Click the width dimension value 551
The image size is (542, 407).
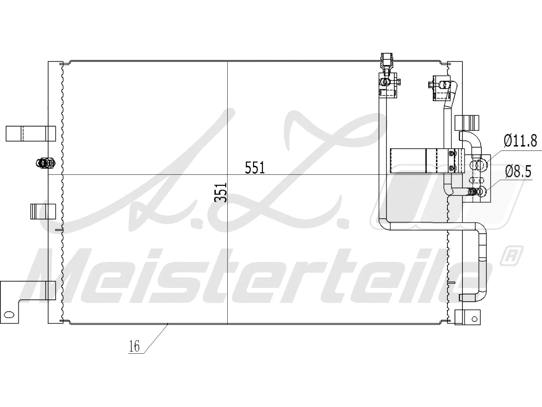[255, 168]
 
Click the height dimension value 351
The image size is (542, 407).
[220, 192]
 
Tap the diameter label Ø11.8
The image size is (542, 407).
[520, 140]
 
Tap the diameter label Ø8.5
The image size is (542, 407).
[518, 172]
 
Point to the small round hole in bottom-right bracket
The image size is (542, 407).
[474, 318]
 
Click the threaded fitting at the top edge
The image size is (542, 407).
[387, 61]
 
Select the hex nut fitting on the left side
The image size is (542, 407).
[45, 163]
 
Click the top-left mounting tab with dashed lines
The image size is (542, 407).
[30, 133]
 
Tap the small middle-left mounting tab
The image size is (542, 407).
[43, 211]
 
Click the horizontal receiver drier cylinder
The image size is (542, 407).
[427, 161]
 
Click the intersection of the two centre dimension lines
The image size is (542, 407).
[227, 175]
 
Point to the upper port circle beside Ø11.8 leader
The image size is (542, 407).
[481, 165]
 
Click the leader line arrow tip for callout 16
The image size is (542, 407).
[168, 325]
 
